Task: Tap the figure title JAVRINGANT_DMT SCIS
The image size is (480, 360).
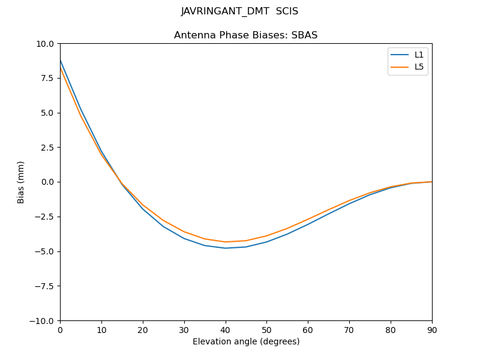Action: (239, 11)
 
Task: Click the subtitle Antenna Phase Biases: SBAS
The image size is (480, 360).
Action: (245, 35)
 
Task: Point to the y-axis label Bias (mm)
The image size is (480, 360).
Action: (21, 182)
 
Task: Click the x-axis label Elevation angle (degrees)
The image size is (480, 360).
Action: (246, 342)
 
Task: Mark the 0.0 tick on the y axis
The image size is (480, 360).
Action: (48, 182)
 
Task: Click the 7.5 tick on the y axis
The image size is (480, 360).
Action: (48, 78)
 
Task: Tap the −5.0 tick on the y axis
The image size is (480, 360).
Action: (46, 251)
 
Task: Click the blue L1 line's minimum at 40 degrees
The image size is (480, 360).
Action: (226, 248)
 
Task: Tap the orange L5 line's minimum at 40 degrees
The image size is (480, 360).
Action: (226, 242)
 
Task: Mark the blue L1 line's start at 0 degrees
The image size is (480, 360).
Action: (61, 61)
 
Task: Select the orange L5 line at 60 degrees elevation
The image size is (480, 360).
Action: (308, 219)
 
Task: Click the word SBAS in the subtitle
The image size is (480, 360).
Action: (305, 35)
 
